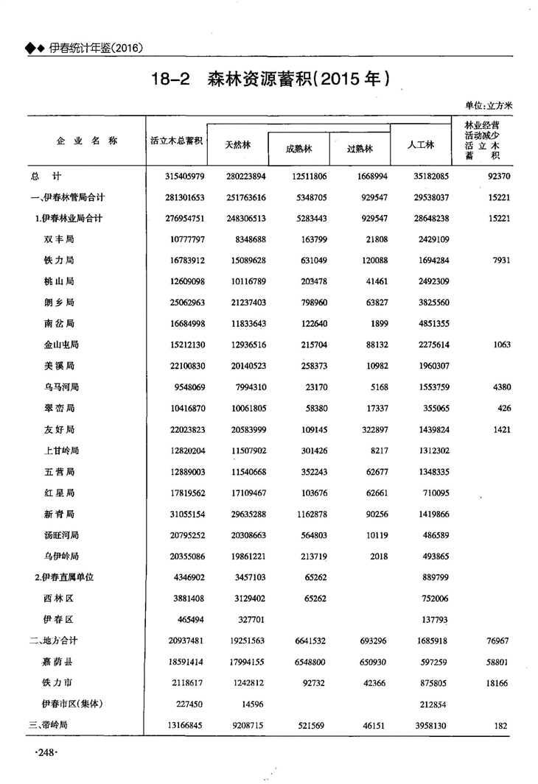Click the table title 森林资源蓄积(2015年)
298,79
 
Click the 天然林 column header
237,145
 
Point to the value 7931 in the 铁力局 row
498,261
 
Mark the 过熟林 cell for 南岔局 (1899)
376,323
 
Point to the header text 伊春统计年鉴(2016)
95,48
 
